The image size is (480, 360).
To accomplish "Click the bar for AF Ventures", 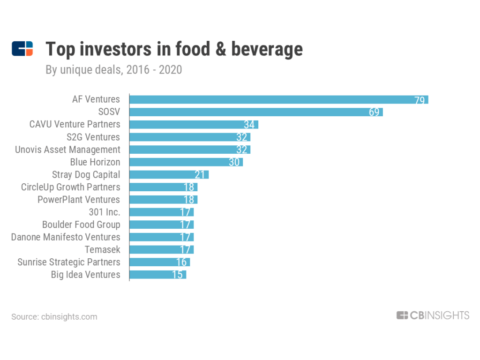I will (x=278, y=99).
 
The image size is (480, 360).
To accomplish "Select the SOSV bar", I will (x=256, y=112).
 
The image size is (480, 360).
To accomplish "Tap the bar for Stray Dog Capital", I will (x=169, y=174).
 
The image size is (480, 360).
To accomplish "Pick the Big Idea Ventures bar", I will (x=157, y=275).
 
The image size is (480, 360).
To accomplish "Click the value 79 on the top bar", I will (x=420, y=100).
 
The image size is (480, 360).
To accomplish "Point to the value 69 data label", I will (x=374, y=112).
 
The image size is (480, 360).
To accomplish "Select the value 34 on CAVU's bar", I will (x=249, y=125).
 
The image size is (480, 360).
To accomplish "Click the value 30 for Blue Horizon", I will (x=234, y=162).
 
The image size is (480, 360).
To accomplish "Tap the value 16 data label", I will (x=181, y=262).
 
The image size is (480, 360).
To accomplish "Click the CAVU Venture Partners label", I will (x=75, y=124).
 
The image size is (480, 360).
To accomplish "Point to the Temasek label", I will (x=102, y=249).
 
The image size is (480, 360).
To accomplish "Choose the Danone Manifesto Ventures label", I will (x=66, y=237).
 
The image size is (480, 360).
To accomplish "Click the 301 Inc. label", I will (x=104, y=212).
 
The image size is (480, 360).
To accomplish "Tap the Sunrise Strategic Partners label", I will (x=69, y=262).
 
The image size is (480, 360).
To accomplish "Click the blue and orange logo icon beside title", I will (x=22, y=49).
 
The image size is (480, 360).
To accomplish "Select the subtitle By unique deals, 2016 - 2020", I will (x=113, y=70).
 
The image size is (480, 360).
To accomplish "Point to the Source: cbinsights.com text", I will (x=54, y=317).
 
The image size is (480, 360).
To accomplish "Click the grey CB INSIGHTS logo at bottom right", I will (x=433, y=315).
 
